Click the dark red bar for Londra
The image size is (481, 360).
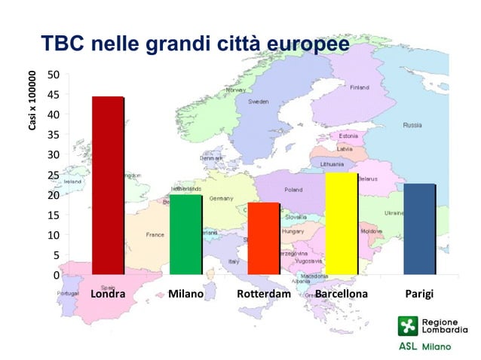107,185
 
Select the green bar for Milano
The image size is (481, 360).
185,234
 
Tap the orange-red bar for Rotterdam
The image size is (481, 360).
264,238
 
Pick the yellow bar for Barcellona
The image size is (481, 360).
342,224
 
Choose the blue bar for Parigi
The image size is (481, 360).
419,229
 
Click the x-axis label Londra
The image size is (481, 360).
108,294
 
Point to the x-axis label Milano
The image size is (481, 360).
185,294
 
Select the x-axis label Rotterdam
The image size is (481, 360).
264,294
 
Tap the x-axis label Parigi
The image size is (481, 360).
419,294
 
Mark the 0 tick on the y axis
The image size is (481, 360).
56,276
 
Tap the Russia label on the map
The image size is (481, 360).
412,125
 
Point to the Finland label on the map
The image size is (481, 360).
359,87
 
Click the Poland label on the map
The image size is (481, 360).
293,190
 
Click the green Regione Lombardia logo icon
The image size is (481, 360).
407,326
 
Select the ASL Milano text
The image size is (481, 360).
424,347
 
